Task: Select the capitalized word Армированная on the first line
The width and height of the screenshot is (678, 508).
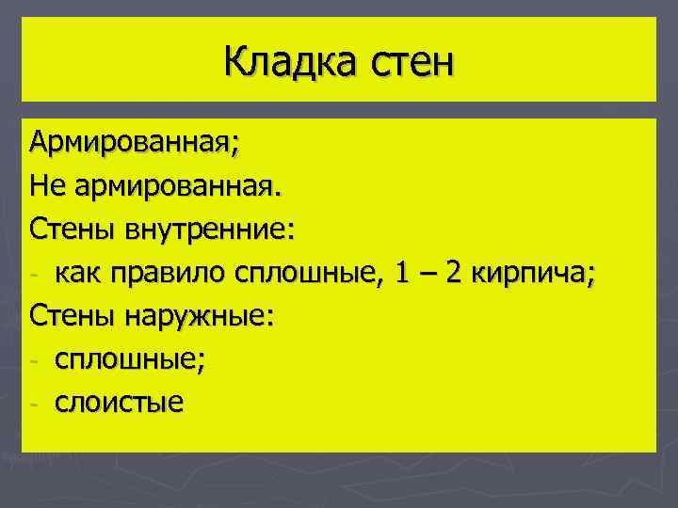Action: (x=133, y=143)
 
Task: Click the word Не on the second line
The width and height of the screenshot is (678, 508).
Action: (x=46, y=185)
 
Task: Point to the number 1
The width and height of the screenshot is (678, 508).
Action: (x=402, y=273)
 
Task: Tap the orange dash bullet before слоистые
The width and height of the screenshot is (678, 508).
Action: (x=34, y=405)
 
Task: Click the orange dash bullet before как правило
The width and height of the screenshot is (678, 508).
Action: (x=34, y=276)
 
